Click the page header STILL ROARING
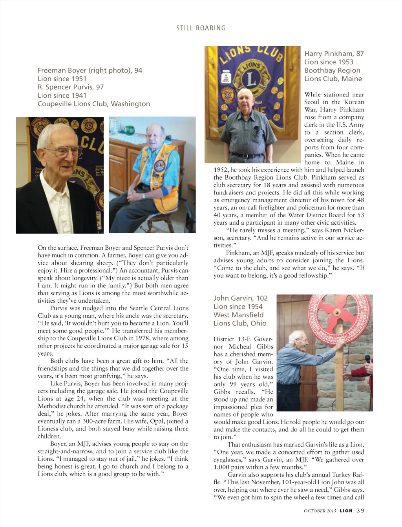tap(201, 28)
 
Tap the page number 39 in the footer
tap(360, 511)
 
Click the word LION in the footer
tap(346, 511)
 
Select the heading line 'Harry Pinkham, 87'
tap(334, 54)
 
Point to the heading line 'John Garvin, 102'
tap(240, 298)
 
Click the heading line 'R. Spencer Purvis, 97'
tap(71, 87)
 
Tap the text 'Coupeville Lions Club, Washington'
tap(94, 104)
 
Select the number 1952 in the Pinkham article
tap(221, 170)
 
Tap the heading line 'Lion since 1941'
tap(62, 95)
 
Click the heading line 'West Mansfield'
tap(239, 315)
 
